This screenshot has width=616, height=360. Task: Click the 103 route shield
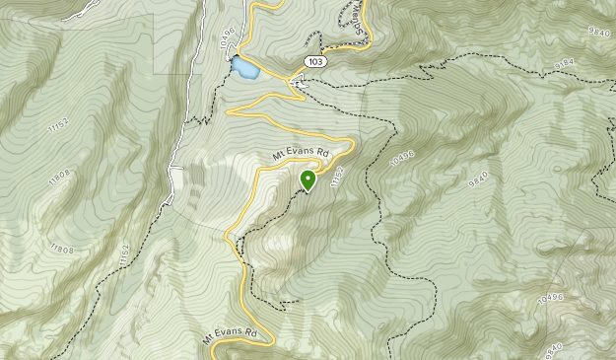(x=315, y=61)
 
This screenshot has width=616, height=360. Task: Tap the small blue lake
(x=243, y=69)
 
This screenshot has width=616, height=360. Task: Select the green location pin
(x=308, y=180)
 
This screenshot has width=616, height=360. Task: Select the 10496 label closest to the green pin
(x=402, y=159)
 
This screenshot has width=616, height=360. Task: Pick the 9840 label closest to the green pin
(x=478, y=179)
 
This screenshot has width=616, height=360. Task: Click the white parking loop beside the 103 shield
(x=300, y=83)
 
